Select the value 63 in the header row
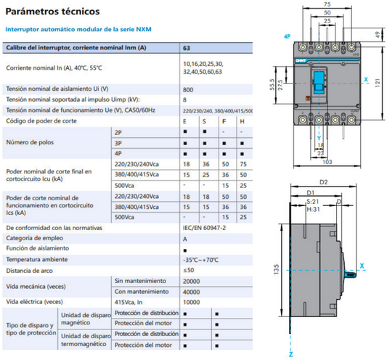(187, 48)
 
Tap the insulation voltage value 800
(189, 88)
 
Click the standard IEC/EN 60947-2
(205, 227)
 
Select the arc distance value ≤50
(188, 269)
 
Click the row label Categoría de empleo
(34, 238)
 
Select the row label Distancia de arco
(30, 269)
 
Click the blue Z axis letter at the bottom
(290, 353)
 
